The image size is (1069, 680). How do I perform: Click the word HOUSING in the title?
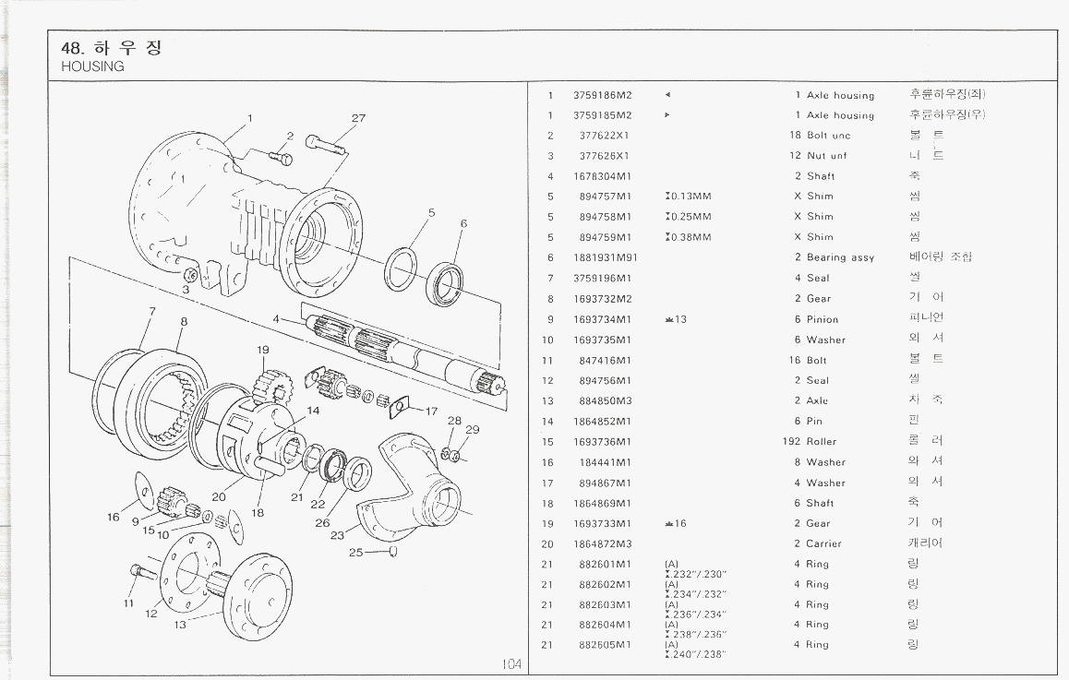pyautogui.click(x=92, y=66)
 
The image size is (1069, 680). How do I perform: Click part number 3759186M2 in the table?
pyautogui.click(x=602, y=95)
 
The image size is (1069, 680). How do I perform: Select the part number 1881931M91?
pyautogui.click(x=605, y=257)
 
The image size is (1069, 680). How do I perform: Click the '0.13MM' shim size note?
pyautogui.click(x=690, y=197)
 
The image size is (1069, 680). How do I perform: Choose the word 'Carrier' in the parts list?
pyautogui.click(x=823, y=544)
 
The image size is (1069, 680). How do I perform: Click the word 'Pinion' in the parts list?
pyautogui.click(x=823, y=319)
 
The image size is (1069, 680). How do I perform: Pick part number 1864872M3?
pyautogui.click(x=602, y=544)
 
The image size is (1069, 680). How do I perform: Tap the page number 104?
pyautogui.click(x=512, y=664)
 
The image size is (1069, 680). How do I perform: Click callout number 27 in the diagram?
pyautogui.click(x=358, y=118)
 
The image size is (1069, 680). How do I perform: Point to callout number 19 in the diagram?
pyautogui.click(x=263, y=350)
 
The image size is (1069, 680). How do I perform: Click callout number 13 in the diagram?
pyautogui.click(x=180, y=625)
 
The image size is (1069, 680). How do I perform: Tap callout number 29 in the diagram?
pyautogui.click(x=473, y=430)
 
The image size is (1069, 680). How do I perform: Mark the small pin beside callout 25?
pyautogui.click(x=393, y=552)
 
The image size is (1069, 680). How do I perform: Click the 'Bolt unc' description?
pyautogui.click(x=828, y=136)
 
